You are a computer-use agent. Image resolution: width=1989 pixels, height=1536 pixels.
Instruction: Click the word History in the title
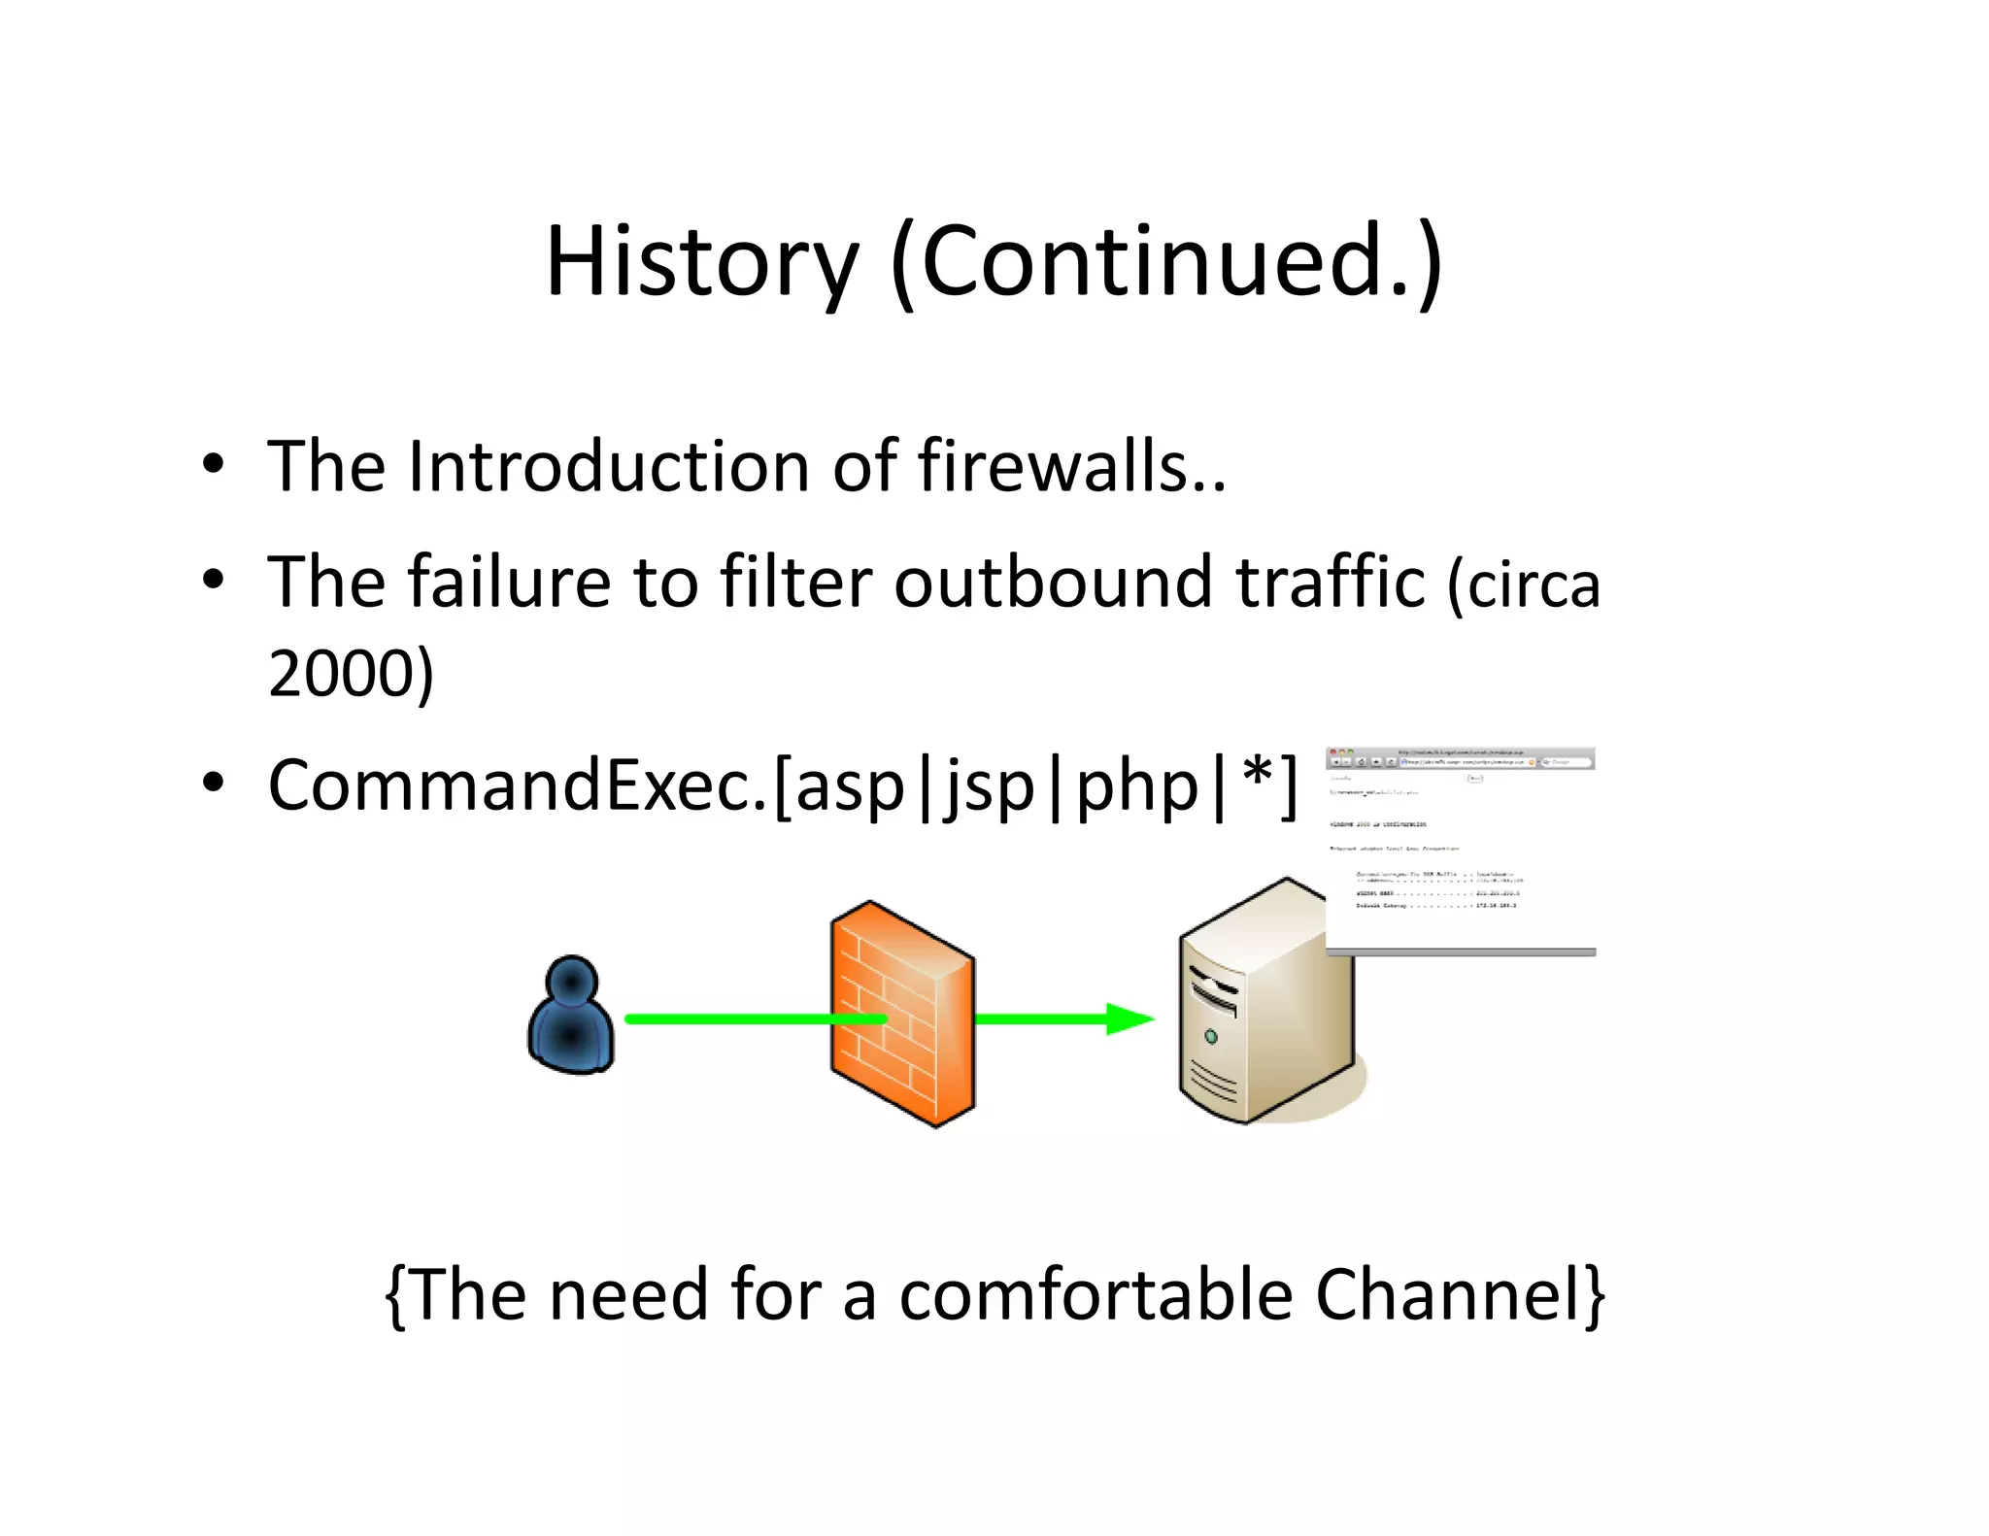click(x=701, y=262)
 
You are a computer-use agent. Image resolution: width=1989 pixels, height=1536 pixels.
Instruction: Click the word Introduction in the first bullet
click(x=609, y=467)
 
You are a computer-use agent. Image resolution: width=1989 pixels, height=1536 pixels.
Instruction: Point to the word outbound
click(x=1053, y=583)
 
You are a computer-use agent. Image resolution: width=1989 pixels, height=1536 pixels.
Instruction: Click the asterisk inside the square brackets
click(x=1257, y=774)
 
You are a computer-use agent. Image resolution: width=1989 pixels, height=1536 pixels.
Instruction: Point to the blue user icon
click(x=571, y=1015)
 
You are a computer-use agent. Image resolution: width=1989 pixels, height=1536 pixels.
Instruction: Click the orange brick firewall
click(x=902, y=1015)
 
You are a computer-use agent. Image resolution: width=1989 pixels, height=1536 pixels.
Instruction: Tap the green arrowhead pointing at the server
click(x=1129, y=1019)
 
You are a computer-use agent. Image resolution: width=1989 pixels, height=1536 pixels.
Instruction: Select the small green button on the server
click(x=1211, y=1037)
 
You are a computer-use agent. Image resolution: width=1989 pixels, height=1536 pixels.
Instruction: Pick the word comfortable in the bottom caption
click(x=1096, y=1295)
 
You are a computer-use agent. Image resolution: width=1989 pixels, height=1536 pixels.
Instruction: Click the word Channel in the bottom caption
click(x=1448, y=1295)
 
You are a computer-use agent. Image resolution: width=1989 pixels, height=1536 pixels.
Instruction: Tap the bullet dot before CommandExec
click(x=214, y=782)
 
